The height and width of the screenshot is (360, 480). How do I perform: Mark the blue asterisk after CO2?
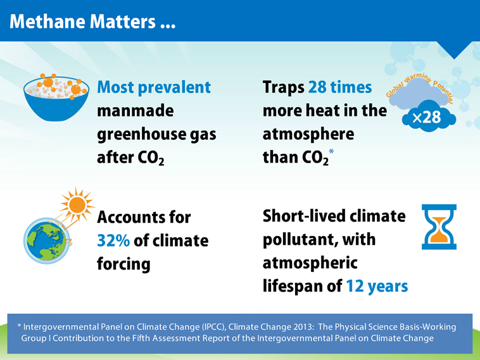coord(331,153)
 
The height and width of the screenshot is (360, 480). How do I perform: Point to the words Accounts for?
coord(144,218)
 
